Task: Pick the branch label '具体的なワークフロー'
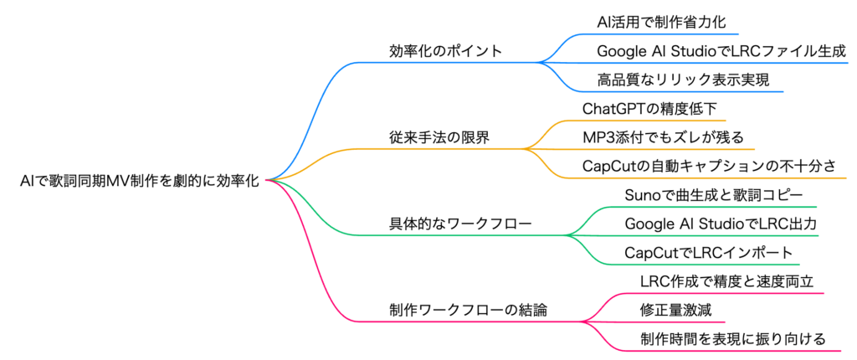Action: tap(459, 224)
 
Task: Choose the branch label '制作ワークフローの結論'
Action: tap(468, 311)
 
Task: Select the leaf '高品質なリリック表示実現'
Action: tap(683, 80)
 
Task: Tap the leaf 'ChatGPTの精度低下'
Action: tap(647, 109)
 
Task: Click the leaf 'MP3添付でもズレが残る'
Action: tap(663, 137)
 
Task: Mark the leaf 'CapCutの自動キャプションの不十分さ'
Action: tap(709, 166)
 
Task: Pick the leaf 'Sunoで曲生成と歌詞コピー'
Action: tap(713, 195)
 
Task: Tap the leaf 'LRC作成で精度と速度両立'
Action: tap(727, 282)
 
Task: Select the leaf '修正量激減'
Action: tap(675, 311)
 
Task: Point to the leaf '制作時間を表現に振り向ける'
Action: tap(732, 339)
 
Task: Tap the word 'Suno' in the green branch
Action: tap(639, 195)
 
